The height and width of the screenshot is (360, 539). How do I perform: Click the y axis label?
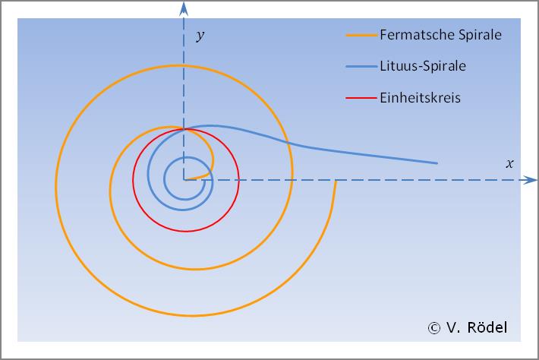200,36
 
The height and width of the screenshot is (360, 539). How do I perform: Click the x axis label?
510,163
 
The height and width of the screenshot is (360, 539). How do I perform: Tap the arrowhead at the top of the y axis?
184,8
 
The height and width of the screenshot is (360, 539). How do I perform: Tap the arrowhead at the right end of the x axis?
530,180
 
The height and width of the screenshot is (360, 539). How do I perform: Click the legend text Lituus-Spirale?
422,66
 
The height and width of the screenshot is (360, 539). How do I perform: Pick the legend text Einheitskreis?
420,97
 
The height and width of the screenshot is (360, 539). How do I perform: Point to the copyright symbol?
434,328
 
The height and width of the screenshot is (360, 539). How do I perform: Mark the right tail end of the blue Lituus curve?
437,163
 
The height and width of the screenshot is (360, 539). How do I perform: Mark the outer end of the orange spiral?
335,181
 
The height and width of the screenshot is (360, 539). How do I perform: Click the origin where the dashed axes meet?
184,180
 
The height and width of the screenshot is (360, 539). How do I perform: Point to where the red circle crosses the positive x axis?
238,180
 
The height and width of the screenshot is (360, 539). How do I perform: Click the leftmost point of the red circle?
133,180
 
